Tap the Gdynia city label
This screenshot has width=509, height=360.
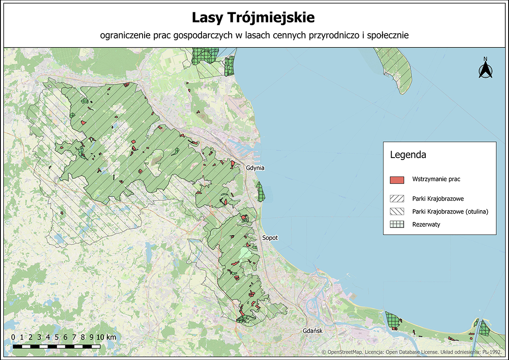click(255, 168)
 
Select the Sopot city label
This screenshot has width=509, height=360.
click(270, 238)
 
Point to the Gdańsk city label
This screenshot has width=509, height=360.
click(313, 331)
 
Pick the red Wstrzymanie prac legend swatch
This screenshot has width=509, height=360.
click(397, 180)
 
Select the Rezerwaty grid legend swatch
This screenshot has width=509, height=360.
click(397, 225)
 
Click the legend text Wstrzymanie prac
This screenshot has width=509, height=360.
click(436, 179)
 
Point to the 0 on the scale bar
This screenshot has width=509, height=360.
click(13, 337)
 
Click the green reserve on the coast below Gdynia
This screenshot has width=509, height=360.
click(260, 192)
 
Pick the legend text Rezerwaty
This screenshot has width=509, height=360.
click(426, 225)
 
